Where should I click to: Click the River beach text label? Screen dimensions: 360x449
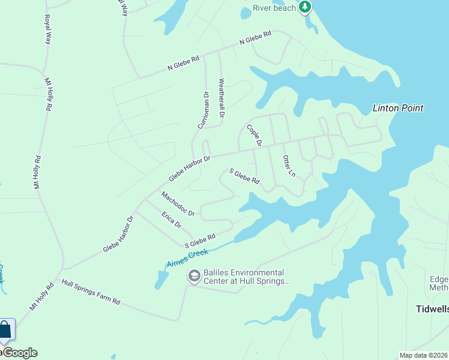coord(274,7)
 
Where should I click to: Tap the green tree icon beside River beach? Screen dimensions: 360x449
coord(306,7)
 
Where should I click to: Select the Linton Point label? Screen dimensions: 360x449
coord(398,109)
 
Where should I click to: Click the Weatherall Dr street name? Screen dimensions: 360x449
coord(221,98)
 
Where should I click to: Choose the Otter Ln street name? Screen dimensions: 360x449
coord(289,166)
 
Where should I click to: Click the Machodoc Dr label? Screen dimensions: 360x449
coord(178,204)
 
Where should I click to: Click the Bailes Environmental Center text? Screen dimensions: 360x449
coord(247,276)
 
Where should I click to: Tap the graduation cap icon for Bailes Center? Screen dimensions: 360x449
coord(194,276)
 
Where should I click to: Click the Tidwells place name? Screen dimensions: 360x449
coord(432,310)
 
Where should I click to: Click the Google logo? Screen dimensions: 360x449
coord(20,353)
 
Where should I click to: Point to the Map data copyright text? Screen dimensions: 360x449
coord(424,355)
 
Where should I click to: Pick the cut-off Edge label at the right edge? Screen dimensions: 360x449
coord(439,280)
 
